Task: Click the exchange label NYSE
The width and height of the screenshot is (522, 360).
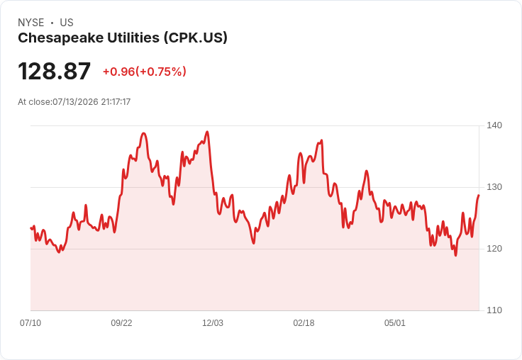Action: tap(31, 23)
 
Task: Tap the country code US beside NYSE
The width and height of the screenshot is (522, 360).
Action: tap(67, 23)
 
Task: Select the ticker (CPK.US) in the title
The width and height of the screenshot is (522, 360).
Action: tap(196, 38)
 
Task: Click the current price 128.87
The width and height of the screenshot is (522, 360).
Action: tap(55, 71)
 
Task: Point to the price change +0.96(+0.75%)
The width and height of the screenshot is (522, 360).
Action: tap(145, 72)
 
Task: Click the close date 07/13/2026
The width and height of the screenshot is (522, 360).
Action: tap(76, 102)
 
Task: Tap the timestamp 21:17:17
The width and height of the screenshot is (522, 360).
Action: tap(116, 102)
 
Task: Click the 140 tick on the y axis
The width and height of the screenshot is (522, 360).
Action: tap(494, 125)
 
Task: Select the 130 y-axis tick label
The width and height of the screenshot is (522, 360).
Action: tap(494, 187)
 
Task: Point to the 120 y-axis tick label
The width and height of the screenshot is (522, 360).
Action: tap(494, 249)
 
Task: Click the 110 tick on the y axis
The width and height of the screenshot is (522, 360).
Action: tap(494, 310)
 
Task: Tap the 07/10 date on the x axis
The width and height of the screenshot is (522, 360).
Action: tap(30, 323)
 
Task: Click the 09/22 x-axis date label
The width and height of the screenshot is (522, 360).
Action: tap(121, 323)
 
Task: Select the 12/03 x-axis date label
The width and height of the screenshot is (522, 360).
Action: tap(213, 323)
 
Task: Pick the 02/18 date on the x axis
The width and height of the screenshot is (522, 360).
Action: tap(304, 323)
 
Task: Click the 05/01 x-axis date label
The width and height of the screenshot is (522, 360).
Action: tap(395, 323)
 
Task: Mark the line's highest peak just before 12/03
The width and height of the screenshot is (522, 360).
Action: tap(207, 131)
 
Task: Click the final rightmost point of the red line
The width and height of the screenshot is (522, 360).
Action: tap(479, 196)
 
